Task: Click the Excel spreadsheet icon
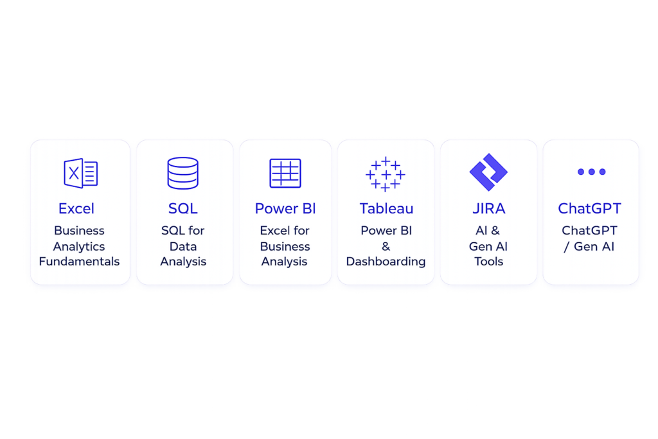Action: pos(80,173)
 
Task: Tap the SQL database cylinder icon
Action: pos(183,173)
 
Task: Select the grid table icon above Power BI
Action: pos(285,173)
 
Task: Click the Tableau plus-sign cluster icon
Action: pos(386,174)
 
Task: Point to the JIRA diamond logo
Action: pos(488,172)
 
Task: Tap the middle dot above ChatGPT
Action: pos(592,172)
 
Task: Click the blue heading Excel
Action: pos(76,209)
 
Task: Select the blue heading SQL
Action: pos(183,209)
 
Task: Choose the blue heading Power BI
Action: pos(285,209)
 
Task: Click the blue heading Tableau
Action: pos(386,209)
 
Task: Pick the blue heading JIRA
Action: pos(489,209)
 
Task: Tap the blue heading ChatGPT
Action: pos(590,209)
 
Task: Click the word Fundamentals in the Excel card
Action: pos(79,262)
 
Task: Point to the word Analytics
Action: pos(79,247)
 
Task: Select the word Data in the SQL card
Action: pos(183,246)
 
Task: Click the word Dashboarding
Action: pos(386,262)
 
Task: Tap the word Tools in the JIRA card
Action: pos(489,262)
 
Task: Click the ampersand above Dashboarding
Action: pos(386,246)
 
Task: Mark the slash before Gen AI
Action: pos(567,247)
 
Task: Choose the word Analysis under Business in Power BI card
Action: pos(285,262)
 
